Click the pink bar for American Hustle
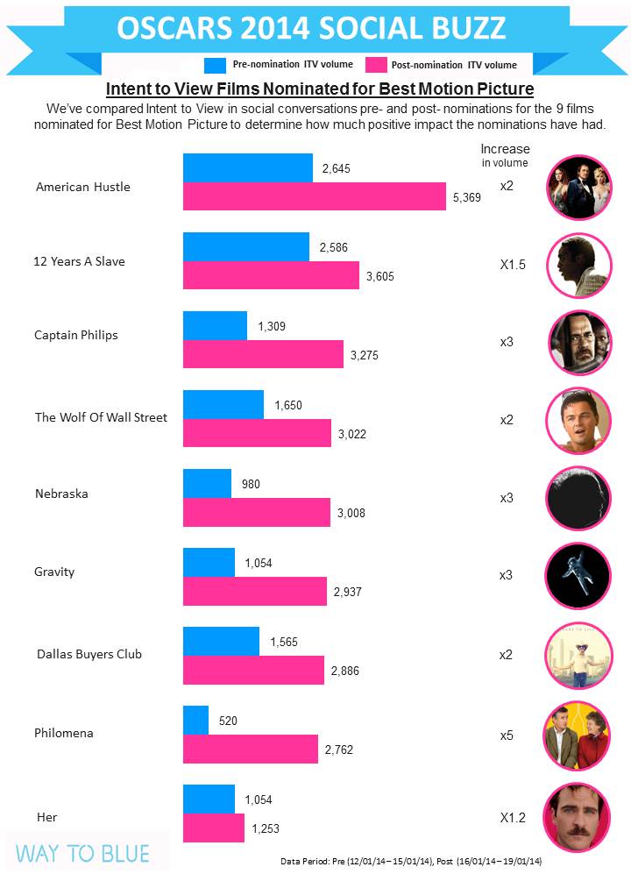pyautogui.click(x=314, y=196)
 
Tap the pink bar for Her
pyautogui.click(x=213, y=828)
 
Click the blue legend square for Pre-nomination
pyautogui.click(x=216, y=64)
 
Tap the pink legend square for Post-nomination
pyautogui.click(x=376, y=64)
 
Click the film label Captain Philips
pyautogui.click(x=75, y=335)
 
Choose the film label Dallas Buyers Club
pyautogui.click(x=89, y=654)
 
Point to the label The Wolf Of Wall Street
pyautogui.click(x=101, y=417)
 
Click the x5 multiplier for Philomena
pyautogui.click(x=507, y=735)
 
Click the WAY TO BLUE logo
pyautogui.click(x=83, y=853)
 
